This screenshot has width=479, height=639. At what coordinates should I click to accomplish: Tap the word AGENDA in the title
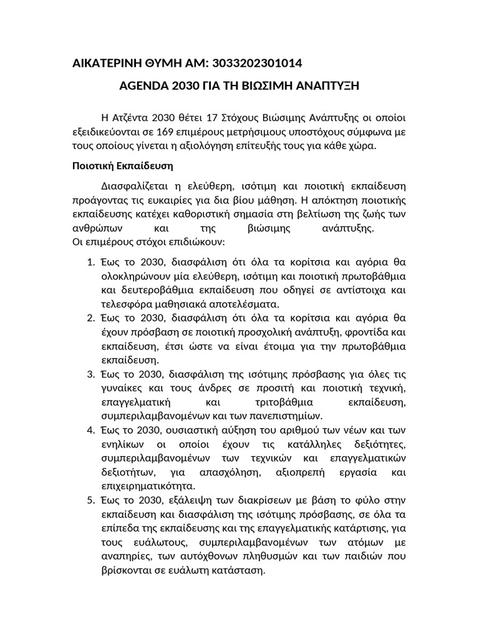pyautogui.click(x=143, y=85)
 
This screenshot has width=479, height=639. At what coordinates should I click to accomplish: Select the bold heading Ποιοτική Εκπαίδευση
pyautogui.click(x=119, y=167)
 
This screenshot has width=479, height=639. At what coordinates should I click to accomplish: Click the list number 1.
pyautogui.click(x=89, y=262)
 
